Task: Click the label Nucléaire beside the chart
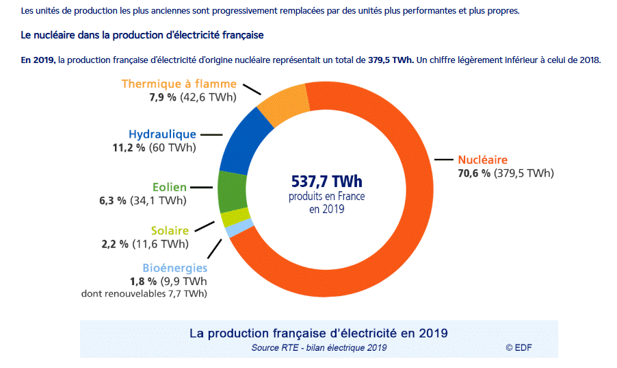483,159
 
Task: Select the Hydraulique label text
162,134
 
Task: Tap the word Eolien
170,186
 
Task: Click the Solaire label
170,231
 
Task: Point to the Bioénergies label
174,268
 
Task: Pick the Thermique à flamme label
179,84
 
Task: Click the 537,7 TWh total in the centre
326,182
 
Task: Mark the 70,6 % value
474,173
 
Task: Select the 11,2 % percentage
127,148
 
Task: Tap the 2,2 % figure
114,244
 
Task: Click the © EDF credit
518,347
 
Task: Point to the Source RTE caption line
319,347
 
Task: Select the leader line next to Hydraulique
211,135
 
